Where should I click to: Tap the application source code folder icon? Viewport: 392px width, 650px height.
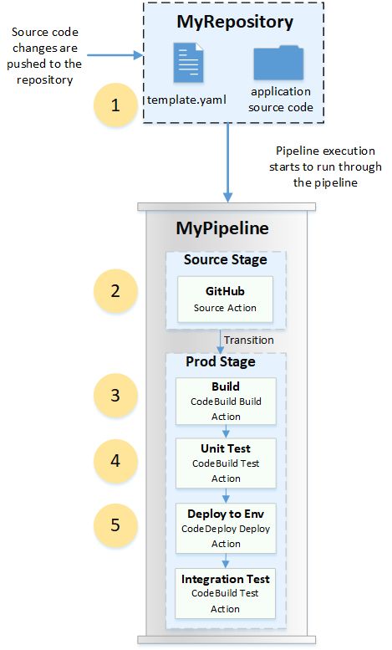click(278, 64)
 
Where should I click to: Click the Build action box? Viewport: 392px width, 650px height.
click(226, 401)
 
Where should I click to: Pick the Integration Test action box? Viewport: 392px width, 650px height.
click(226, 593)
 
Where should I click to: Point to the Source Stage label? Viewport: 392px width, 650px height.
click(226, 260)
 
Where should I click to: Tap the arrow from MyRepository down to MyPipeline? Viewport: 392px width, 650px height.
click(227, 162)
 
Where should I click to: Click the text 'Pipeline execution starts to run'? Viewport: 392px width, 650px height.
click(328, 159)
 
